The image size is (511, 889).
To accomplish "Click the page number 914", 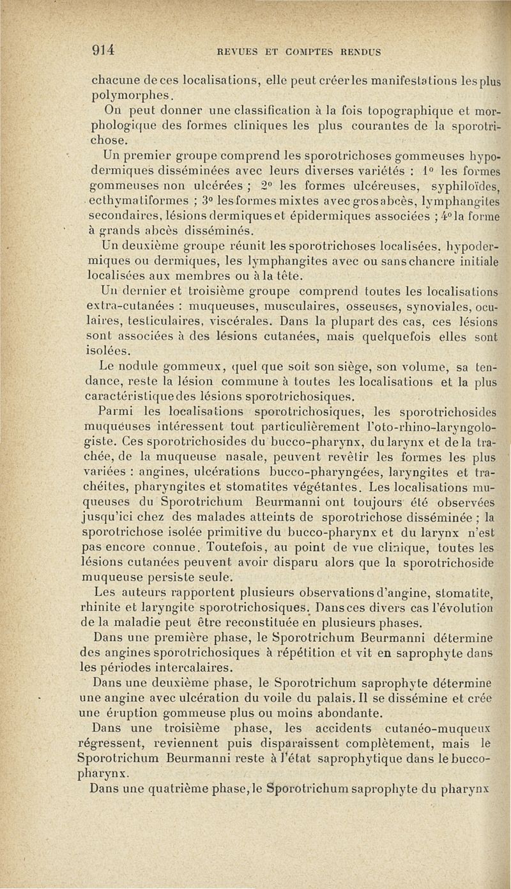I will (x=103, y=50).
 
